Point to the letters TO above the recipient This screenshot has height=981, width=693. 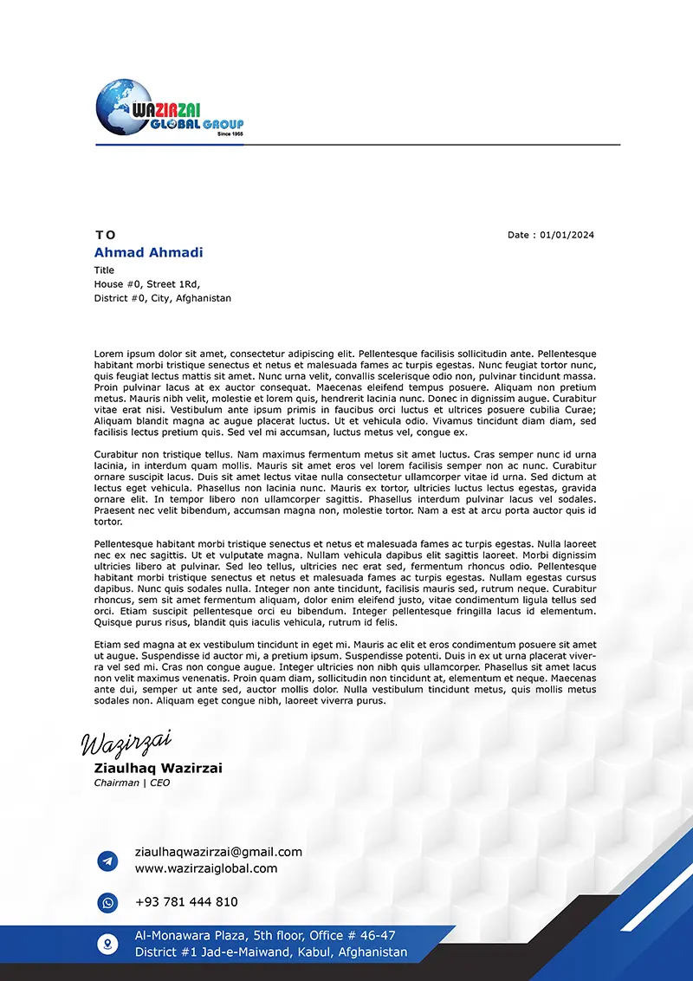pyautogui.click(x=105, y=235)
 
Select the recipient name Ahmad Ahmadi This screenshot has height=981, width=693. pyautogui.click(x=148, y=252)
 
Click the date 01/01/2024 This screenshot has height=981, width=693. pyautogui.click(x=567, y=235)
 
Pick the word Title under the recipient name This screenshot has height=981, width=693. pyautogui.click(x=104, y=270)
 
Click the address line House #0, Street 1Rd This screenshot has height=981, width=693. pyautogui.click(x=147, y=284)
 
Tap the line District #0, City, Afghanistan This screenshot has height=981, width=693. pyautogui.click(x=163, y=298)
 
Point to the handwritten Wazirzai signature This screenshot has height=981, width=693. pyautogui.click(x=126, y=742)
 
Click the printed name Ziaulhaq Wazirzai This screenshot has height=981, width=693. pyautogui.click(x=158, y=768)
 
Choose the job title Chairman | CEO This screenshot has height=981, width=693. pyautogui.click(x=132, y=783)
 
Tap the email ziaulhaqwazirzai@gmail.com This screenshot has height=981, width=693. pyautogui.click(x=218, y=852)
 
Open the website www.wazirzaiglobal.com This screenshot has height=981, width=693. pyautogui.click(x=206, y=868)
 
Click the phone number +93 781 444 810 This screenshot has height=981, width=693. pyautogui.click(x=186, y=902)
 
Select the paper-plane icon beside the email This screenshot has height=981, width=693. pyautogui.click(x=107, y=861)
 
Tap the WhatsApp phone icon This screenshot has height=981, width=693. pyautogui.click(x=107, y=903)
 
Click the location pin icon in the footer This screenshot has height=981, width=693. pyautogui.click(x=107, y=944)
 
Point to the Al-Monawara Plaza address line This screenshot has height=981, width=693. pyautogui.click(x=265, y=936)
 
